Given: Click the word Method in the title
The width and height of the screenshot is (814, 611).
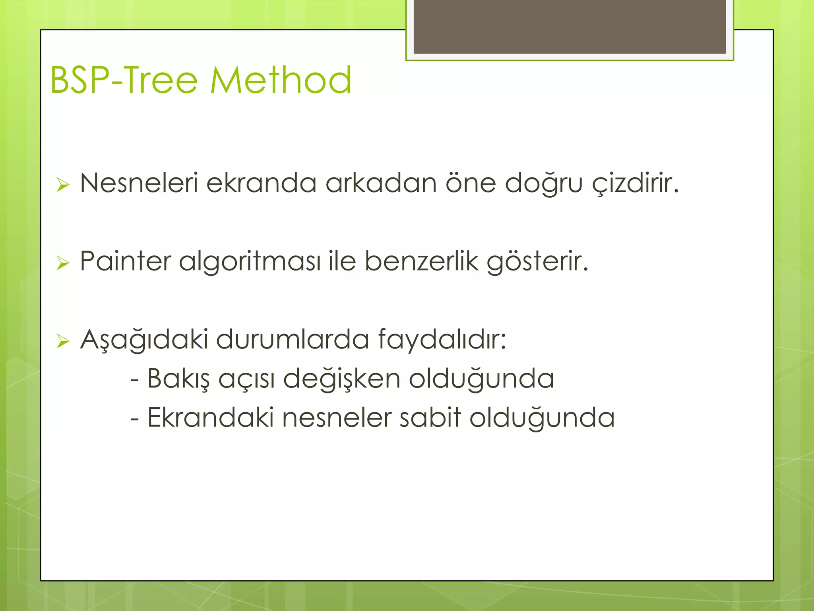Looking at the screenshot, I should click(281, 80).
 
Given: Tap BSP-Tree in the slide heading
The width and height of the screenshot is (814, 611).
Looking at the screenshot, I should click(124, 80).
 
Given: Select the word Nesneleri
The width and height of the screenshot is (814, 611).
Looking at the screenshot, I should click(139, 183).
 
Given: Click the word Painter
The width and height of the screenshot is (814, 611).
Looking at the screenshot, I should click(125, 261).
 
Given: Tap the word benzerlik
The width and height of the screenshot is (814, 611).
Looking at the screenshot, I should click(421, 261).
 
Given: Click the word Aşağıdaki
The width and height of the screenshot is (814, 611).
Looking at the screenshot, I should click(144, 340).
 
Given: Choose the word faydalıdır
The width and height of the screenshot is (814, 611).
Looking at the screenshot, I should click(442, 340).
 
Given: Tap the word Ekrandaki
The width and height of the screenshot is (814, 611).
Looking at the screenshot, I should click(210, 418).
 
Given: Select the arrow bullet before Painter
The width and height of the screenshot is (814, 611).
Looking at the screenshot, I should click(63, 263).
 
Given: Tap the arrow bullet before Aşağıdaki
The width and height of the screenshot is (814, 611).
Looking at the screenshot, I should click(63, 341).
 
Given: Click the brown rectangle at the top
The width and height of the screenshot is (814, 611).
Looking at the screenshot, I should click(570, 26).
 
